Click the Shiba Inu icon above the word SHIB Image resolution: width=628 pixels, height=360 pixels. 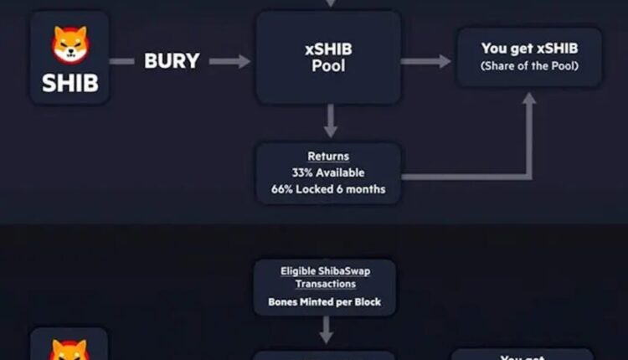pos(69,44)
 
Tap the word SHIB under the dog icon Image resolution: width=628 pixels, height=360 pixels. pos(69,83)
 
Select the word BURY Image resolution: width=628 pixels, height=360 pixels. pos(172,61)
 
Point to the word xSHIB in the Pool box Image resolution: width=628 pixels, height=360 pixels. pos(329,49)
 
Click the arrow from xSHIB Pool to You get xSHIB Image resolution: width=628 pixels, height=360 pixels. pos(426,61)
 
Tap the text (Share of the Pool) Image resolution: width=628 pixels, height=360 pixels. pos(529,66)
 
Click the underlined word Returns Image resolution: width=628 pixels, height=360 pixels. pos(328,157)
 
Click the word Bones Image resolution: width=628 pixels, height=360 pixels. pos(285,301)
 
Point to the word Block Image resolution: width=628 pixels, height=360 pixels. pos(365,301)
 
